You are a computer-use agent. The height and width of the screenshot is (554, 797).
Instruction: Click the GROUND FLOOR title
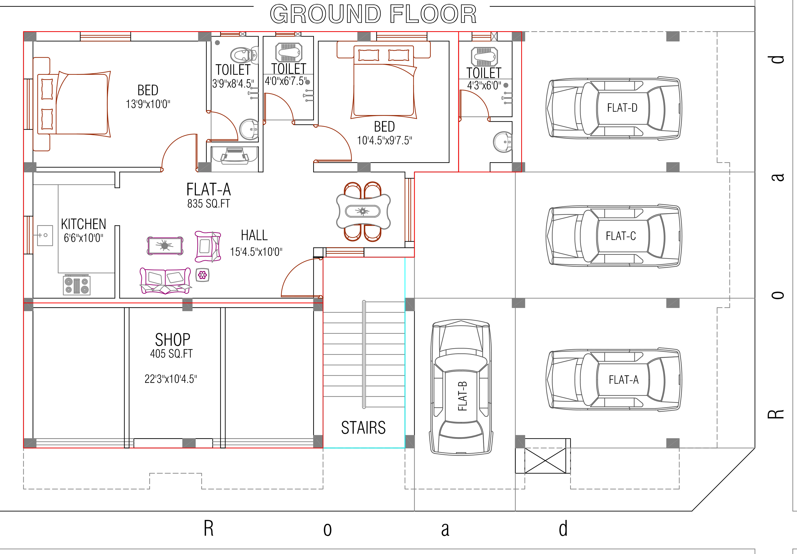[x=373, y=14]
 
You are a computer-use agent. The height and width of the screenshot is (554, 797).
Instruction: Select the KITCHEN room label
[x=84, y=224]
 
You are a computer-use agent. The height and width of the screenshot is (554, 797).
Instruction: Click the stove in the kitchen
[x=77, y=285]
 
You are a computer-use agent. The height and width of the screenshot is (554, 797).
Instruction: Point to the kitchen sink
[x=45, y=235]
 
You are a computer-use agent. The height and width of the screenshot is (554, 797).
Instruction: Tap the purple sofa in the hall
[x=165, y=280]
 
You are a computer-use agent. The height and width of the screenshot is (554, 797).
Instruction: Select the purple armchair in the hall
[x=208, y=247]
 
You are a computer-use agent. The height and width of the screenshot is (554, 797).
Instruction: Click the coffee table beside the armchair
[x=165, y=246]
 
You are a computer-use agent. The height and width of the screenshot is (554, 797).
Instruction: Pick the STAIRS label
[x=363, y=428]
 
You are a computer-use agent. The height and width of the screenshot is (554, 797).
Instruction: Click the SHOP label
[x=172, y=340]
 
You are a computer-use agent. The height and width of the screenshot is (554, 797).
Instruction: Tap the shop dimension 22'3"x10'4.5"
[x=171, y=379]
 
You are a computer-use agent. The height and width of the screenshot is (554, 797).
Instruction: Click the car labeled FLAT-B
[x=461, y=387]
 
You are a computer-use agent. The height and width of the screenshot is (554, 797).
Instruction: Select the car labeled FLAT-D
[x=613, y=108]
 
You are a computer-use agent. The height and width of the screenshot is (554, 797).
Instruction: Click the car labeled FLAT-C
[x=613, y=236]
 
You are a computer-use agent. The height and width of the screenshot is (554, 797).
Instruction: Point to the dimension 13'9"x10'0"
[x=148, y=104]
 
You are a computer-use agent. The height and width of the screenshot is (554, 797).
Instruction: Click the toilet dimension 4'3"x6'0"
[x=484, y=85]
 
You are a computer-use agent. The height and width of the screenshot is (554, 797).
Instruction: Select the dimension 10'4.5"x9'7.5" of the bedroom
[x=385, y=141]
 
